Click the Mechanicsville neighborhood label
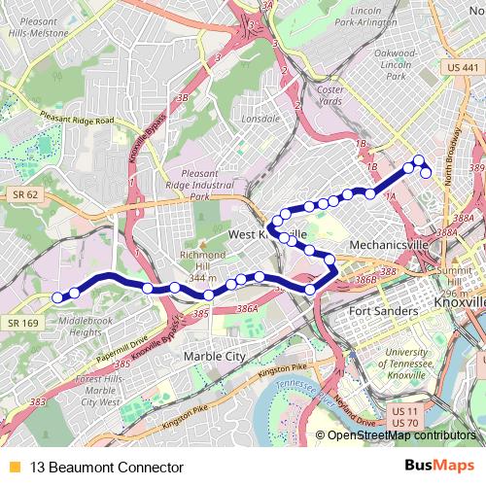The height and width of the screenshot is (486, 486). pyautogui.click(x=389, y=245)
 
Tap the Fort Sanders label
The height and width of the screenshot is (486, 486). pyautogui.click(x=383, y=312)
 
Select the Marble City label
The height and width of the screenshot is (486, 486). pyautogui.click(x=214, y=357)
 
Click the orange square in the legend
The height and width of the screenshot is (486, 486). pyautogui.click(x=14, y=467)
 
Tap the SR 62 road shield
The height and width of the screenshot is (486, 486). pyautogui.click(x=25, y=194)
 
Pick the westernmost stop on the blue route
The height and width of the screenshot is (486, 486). pyautogui.click(x=57, y=297)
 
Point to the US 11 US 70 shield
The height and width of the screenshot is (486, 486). pyautogui.click(x=404, y=417)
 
